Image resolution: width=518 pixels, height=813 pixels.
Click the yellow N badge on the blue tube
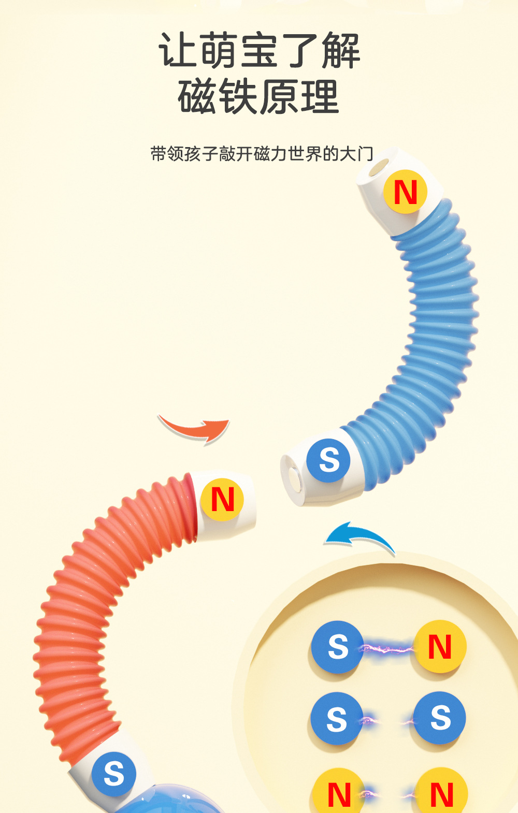pyautogui.click(x=405, y=192)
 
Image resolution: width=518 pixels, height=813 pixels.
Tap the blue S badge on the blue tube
pyautogui.click(x=328, y=460)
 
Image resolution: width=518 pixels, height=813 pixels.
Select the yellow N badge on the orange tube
pyautogui.click(x=222, y=499)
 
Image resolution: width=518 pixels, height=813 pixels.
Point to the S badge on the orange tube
pyautogui.click(x=114, y=774)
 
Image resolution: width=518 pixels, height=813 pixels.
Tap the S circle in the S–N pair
pyautogui.click(x=337, y=647)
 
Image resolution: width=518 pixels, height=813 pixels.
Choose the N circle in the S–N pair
pyautogui.click(x=440, y=647)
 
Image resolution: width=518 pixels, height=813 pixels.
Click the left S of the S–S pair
pyautogui.click(x=337, y=719)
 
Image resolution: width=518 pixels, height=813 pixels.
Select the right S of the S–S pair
pyautogui.click(x=440, y=718)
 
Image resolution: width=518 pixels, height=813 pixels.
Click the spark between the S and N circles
pyautogui.click(x=388, y=648)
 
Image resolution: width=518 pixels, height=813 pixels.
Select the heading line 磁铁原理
pyautogui.click(x=258, y=97)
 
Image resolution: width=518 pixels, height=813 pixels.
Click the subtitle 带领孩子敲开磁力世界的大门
pyautogui.click(x=262, y=154)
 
